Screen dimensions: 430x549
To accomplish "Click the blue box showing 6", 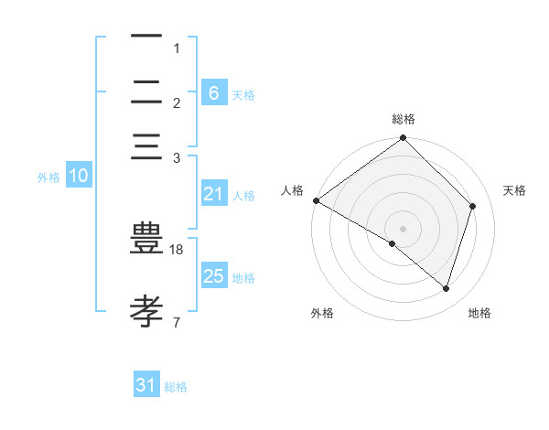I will click(213, 92).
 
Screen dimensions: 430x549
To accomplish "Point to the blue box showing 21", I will click(213, 194).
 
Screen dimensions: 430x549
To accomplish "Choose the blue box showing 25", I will click(213, 276).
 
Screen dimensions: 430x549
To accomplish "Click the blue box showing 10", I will click(79, 176).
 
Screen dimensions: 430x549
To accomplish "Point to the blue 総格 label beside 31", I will click(176, 387).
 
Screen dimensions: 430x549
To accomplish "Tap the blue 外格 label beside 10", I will click(48, 177).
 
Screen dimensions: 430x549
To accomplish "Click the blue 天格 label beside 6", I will click(243, 94).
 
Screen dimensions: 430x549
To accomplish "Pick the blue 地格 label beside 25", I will click(243, 278).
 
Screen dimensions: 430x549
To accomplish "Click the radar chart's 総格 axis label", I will click(404, 119).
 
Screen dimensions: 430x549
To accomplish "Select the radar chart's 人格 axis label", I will click(292, 190).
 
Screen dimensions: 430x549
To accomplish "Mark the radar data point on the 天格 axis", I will click(473, 206).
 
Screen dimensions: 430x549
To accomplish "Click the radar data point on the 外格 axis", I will click(393, 243).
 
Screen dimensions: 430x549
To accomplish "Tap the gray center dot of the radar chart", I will click(404, 228).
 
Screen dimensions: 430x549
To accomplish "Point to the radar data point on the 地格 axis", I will click(447, 289).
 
